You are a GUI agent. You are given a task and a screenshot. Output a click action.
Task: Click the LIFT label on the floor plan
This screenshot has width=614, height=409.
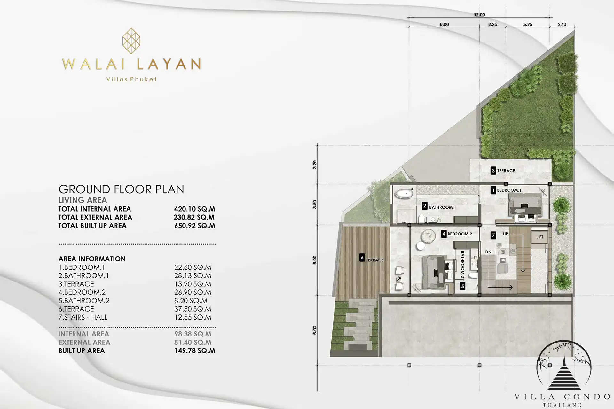(539, 237)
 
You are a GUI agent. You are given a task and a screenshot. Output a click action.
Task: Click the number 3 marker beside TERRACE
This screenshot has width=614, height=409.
(493, 171)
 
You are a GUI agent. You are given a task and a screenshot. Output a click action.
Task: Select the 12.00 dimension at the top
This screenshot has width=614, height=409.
(479, 15)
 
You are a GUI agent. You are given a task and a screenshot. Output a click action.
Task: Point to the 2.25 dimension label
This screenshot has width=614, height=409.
(492, 24)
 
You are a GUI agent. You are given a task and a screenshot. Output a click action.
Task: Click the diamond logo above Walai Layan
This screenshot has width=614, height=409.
(131, 41)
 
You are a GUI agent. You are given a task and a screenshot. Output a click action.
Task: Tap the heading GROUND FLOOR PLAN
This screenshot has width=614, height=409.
(121, 189)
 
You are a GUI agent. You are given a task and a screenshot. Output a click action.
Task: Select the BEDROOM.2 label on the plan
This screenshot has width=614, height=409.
(460, 234)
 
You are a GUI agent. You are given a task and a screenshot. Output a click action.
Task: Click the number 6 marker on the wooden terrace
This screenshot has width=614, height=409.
(362, 258)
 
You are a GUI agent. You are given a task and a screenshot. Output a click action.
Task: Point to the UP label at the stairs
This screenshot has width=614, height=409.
(506, 234)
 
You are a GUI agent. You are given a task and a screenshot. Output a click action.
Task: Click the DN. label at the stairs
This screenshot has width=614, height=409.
(489, 252)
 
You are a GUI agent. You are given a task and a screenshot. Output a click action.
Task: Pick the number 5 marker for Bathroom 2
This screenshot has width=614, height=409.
(462, 287)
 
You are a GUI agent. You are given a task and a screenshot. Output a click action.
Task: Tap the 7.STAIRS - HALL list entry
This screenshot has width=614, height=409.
(83, 317)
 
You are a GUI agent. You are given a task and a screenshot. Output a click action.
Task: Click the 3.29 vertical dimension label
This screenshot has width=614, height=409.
(315, 165)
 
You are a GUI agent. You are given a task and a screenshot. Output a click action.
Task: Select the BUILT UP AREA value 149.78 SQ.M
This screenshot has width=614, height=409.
(194, 351)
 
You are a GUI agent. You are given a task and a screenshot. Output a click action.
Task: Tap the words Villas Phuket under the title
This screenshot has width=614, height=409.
(131, 79)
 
